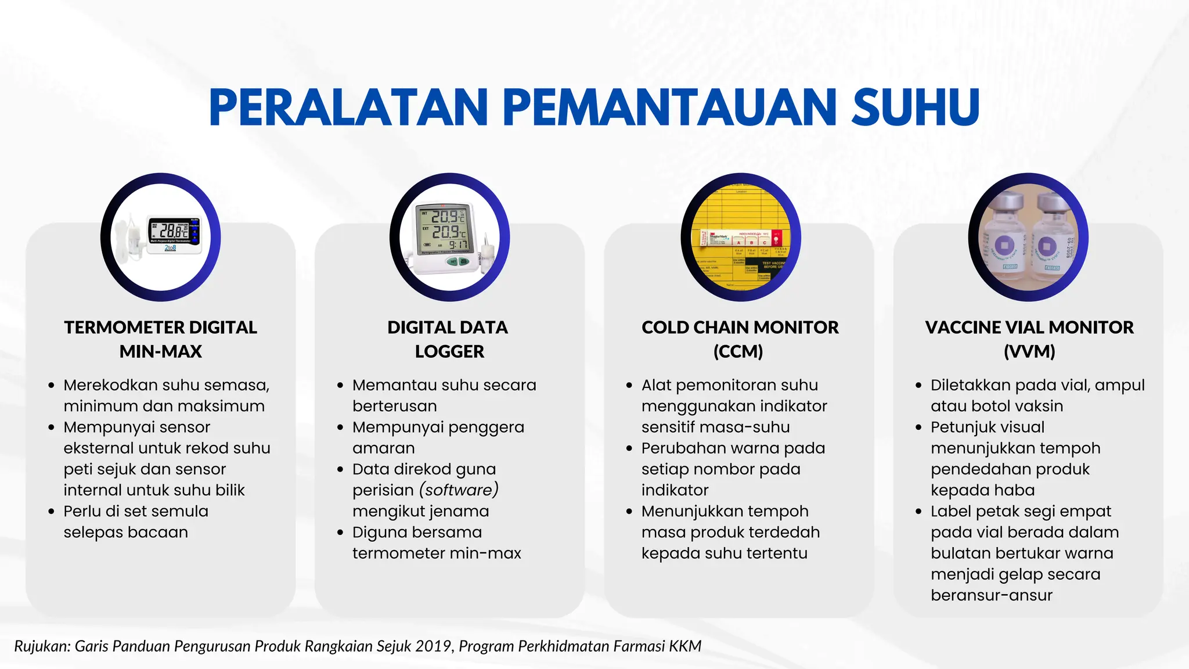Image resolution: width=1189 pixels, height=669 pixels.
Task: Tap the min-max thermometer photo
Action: point(161,237)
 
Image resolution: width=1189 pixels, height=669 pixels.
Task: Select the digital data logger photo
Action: point(450,237)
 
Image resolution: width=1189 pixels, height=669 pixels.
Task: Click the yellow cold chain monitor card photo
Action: point(740,237)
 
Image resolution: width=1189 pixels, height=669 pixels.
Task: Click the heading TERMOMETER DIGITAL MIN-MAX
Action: point(161,339)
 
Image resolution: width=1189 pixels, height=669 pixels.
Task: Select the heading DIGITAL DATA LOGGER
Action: point(448,339)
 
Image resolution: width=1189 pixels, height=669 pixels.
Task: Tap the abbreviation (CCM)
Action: point(738,351)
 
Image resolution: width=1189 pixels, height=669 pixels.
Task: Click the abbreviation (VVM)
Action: point(1029,351)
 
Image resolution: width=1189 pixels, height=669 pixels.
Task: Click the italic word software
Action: point(459,490)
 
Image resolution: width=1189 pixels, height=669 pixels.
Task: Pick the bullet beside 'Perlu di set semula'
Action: point(52,512)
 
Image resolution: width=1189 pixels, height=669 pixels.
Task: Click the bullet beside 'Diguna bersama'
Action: point(340,533)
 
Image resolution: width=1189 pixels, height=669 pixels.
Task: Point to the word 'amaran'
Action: point(383,448)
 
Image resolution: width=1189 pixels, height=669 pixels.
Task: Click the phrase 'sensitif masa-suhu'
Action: point(715,427)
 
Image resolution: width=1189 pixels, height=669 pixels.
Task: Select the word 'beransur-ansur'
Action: point(991,595)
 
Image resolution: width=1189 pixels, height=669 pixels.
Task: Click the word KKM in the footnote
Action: point(685,646)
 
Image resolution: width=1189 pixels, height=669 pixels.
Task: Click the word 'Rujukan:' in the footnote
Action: point(42,646)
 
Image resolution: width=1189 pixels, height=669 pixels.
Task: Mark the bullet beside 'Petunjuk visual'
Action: point(918,427)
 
